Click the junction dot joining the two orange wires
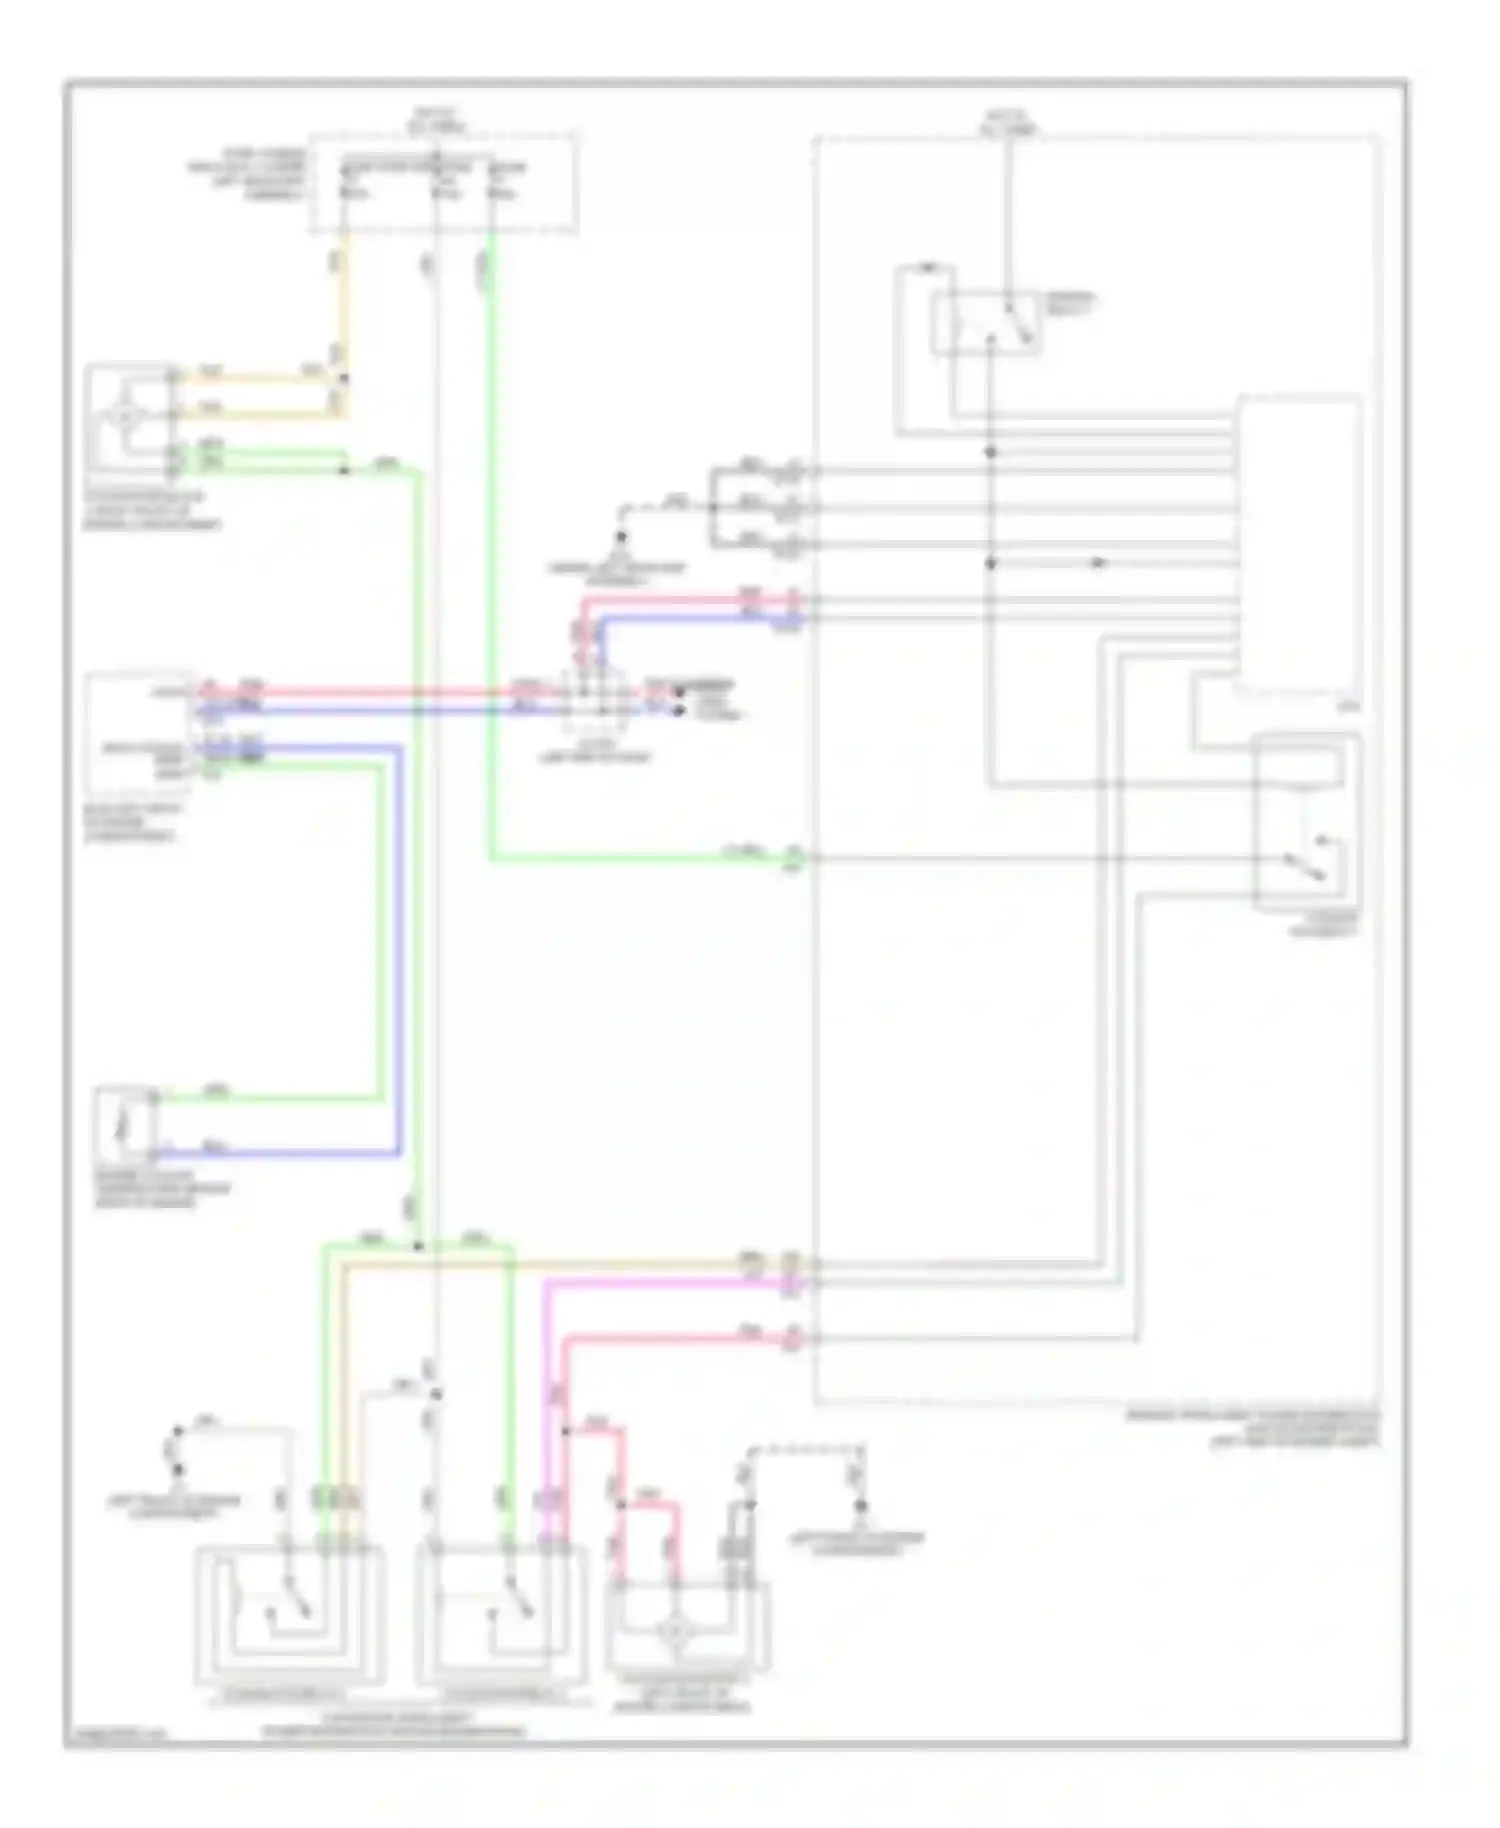coord(343,379)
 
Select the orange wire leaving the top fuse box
coord(346,300)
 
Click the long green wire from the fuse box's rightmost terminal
coord(491,550)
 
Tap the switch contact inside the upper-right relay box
coord(1015,323)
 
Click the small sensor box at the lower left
coord(124,1124)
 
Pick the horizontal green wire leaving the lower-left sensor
coord(280,1098)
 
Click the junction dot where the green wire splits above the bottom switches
coord(418,1246)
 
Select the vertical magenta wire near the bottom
coord(548,1400)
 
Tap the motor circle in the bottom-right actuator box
coord(677,1631)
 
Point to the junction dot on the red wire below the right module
coord(565,1431)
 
